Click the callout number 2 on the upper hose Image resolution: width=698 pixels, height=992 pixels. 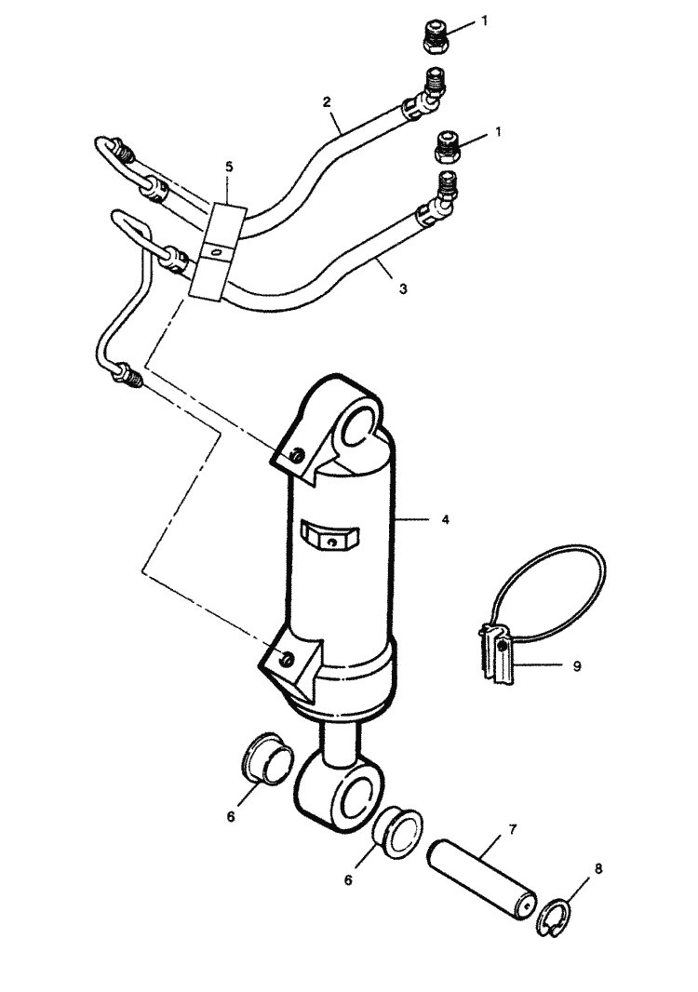(327, 101)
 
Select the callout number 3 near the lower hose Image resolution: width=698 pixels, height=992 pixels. (403, 288)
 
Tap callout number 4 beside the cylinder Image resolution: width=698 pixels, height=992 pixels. (445, 519)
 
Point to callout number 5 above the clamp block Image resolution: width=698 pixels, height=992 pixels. (229, 167)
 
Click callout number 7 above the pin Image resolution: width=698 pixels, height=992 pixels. (513, 828)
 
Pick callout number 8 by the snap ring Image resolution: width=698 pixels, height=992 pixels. (598, 868)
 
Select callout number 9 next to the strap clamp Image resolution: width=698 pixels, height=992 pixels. (577, 665)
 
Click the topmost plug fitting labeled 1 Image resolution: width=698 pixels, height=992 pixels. (436, 37)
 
